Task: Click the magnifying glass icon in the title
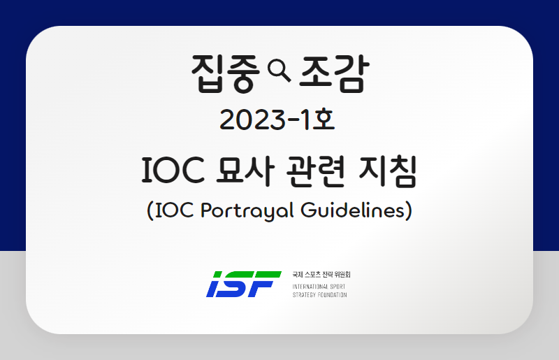pyautogui.click(x=279, y=71)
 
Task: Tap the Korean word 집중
pyautogui.click(x=225, y=73)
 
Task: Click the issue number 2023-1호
pyautogui.click(x=277, y=120)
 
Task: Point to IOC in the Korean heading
pyautogui.click(x=173, y=170)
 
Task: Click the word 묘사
pyautogui.click(x=246, y=171)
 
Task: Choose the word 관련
pyautogui.click(x=316, y=171)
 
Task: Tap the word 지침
pyautogui.click(x=388, y=171)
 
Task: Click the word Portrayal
pyautogui.click(x=247, y=210)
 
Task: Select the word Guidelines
pyautogui.click(x=354, y=210)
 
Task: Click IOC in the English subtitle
pyautogui.click(x=175, y=210)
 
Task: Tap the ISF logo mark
pyautogui.click(x=244, y=284)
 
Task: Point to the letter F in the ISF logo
pyautogui.click(x=266, y=284)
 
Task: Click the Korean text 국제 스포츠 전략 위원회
pyautogui.click(x=321, y=275)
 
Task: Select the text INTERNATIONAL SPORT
pyautogui.click(x=319, y=287)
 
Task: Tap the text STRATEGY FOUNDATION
pyautogui.click(x=319, y=295)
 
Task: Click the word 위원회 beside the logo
pyautogui.click(x=342, y=275)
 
